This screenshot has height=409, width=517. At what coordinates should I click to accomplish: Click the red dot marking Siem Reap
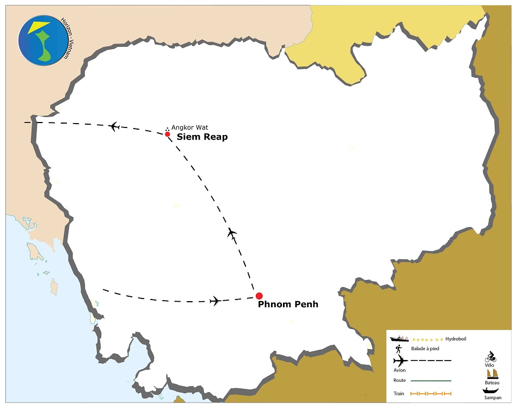[x=168, y=133]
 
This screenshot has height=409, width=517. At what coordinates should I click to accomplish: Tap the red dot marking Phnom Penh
[x=259, y=296]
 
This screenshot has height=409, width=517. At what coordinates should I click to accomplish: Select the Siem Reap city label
[x=202, y=137]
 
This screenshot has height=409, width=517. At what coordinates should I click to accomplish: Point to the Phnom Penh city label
[x=287, y=304]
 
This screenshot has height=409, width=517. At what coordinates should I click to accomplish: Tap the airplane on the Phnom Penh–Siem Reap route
[x=232, y=234]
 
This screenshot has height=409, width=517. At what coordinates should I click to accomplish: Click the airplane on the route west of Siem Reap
[x=114, y=126]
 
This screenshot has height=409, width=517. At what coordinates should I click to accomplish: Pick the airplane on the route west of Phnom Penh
[x=216, y=301]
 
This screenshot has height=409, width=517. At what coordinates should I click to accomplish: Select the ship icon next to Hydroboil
[x=399, y=339]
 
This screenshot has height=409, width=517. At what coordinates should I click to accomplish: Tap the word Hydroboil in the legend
[x=456, y=339]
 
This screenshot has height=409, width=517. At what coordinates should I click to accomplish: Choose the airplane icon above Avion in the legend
[x=399, y=361]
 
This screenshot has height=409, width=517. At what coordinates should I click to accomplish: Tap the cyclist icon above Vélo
[x=490, y=357]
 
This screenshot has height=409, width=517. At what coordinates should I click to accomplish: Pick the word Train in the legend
[x=399, y=393]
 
